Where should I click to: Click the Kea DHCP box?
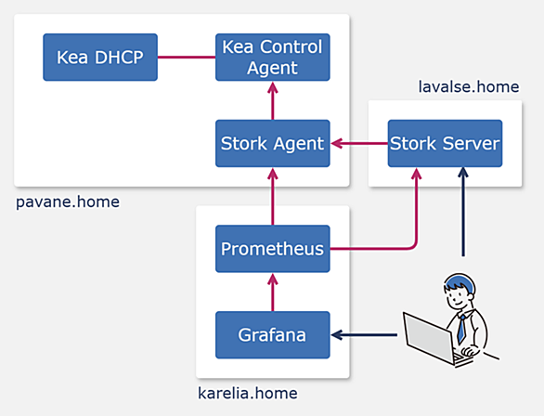pyautogui.click(x=100, y=58)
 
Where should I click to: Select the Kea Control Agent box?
pyautogui.click(x=273, y=58)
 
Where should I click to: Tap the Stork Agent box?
pyautogui.click(x=273, y=143)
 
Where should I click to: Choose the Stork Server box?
pyautogui.click(x=445, y=143)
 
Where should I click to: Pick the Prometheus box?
pyautogui.click(x=273, y=249)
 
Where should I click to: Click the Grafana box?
pyautogui.click(x=273, y=335)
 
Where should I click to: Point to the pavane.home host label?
pyautogui.click(x=68, y=201)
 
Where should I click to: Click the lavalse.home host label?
pyautogui.click(x=469, y=86)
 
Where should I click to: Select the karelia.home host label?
pyautogui.click(x=248, y=394)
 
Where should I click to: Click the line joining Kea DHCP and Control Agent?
pyautogui.click(x=187, y=58)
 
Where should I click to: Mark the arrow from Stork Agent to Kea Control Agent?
pyautogui.click(x=273, y=101)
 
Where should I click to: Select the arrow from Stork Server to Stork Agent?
pyautogui.click(x=359, y=143)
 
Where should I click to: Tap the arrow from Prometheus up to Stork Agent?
pyautogui.click(x=273, y=197)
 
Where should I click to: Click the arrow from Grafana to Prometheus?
pyautogui.click(x=273, y=292)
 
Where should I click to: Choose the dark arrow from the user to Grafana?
pyautogui.click(x=364, y=335)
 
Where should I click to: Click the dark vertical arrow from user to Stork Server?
pyautogui.click(x=463, y=213)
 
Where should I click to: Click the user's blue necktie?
pyautogui.click(x=461, y=329)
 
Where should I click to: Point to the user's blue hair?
pyautogui.click(x=460, y=281)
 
